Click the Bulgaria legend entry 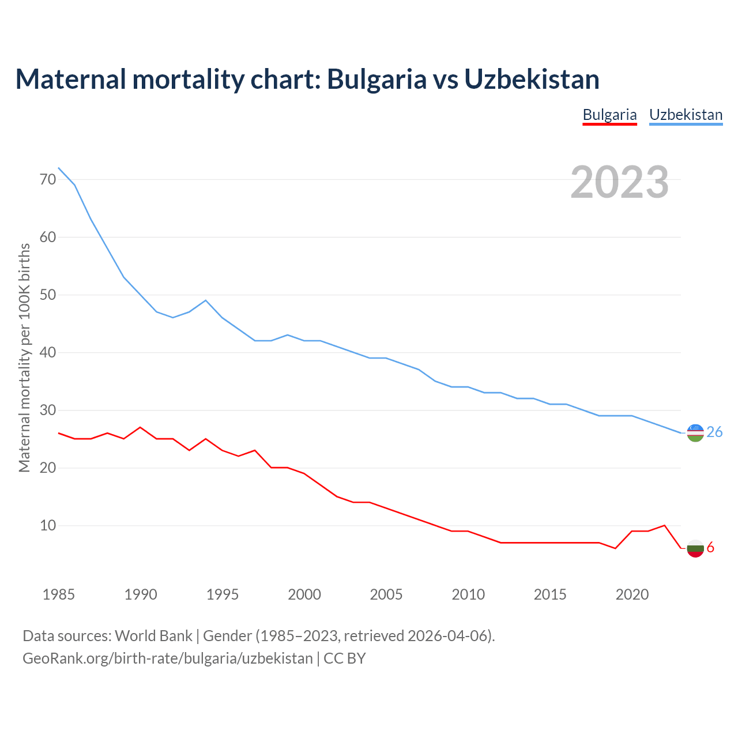click(609, 115)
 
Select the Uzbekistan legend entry click(686, 115)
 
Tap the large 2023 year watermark click(619, 182)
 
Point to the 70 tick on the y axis click(48, 179)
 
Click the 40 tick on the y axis click(48, 352)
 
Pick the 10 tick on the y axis click(48, 525)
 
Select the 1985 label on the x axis click(59, 594)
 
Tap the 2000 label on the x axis click(304, 594)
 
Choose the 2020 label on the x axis click(632, 594)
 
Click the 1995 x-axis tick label click(223, 594)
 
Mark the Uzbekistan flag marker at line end click(695, 433)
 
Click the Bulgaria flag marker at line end click(695, 548)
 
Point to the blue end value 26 click(714, 432)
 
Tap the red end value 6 click(710, 548)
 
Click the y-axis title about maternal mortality click(24, 358)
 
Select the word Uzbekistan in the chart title click(532, 80)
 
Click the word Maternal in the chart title click(70, 80)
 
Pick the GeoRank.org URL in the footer click(167, 658)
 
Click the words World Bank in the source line click(153, 636)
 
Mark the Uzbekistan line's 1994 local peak click(206, 300)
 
